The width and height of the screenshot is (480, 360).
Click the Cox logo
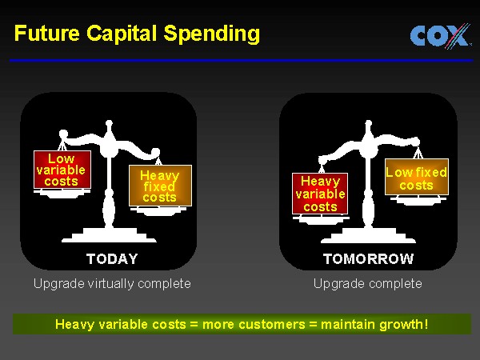click(x=440, y=36)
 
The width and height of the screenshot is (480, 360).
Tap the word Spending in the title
click(x=212, y=34)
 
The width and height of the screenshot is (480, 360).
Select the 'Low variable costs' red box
click(x=62, y=170)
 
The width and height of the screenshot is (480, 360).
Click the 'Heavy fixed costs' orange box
click(x=160, y=186)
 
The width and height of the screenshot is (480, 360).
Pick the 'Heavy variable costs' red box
click(x=320, y=194)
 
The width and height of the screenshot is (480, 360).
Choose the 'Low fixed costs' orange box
click(x=417, y=177)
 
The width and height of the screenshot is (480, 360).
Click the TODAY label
click(x=112, y=259)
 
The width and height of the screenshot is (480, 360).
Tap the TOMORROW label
click(x=369, y=259)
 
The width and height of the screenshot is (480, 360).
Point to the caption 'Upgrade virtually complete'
click(x=112, y=284)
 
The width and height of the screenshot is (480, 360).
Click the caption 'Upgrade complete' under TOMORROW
click(x=368, y=284)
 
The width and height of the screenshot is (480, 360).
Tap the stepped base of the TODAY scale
click(x=109, y=235)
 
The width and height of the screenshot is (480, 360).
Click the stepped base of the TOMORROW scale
click(x=368, y=235)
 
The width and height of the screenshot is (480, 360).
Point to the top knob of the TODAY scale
click(x=109, y=124)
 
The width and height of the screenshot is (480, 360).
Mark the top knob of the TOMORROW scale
click(x=369, y=124)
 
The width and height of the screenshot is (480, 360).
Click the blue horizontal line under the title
click(x=242, y=61)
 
